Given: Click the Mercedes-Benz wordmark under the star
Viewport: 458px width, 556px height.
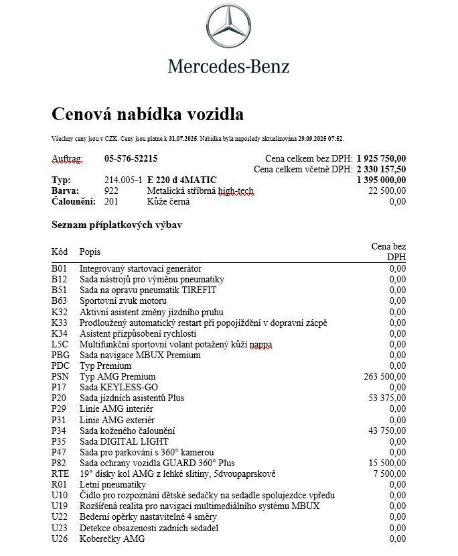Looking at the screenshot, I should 228,66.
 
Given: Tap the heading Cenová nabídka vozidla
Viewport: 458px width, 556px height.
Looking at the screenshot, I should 147,114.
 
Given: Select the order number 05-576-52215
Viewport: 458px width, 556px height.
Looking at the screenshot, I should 131,159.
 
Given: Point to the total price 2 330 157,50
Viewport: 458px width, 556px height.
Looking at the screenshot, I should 381,170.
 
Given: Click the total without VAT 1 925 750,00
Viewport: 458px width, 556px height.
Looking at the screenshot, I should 381,159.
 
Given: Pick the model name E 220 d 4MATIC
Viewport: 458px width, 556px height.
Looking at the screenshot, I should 181,180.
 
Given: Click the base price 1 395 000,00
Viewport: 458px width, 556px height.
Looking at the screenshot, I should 381,180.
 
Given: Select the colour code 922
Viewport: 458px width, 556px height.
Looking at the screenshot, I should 112,191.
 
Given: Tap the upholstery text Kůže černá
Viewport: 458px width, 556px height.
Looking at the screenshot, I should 170,202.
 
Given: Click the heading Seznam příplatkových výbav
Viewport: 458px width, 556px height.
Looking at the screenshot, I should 117,225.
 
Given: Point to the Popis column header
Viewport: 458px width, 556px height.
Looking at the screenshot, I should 90,252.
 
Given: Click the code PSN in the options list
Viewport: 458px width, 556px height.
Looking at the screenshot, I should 60,377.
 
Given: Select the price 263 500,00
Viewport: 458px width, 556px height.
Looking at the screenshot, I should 385,377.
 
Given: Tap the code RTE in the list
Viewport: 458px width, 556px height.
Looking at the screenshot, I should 60,474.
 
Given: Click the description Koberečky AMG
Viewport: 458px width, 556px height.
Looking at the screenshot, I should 112,539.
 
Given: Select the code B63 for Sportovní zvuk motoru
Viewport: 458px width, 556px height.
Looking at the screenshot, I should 60,301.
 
